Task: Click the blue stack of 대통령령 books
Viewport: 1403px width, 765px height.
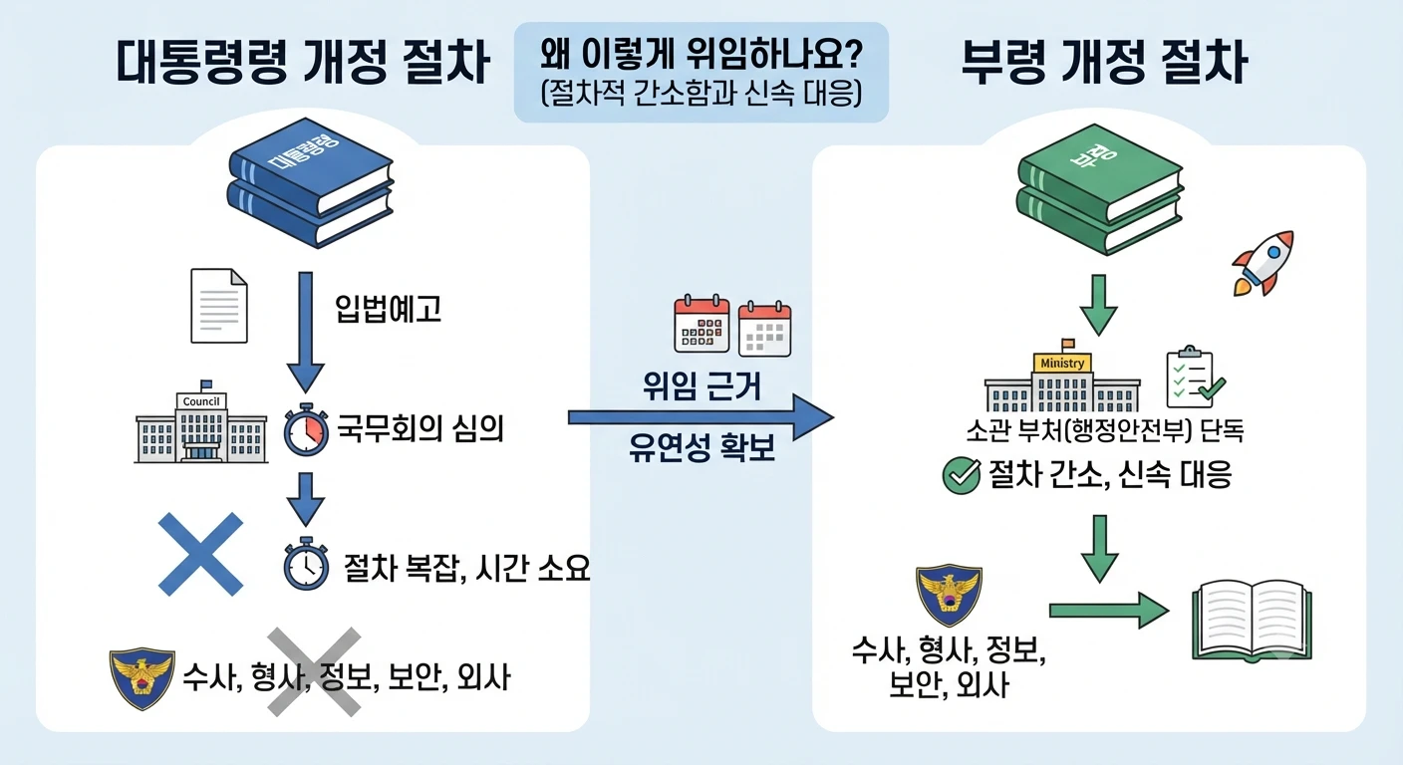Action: (x=311, y=183)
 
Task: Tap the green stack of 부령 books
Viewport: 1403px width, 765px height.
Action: (x=1100, y=189)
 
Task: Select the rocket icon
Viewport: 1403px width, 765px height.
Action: (x=1263, y=263)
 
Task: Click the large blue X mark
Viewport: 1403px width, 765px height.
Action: (x=200, y=554)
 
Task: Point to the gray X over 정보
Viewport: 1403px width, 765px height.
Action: (x=314, y=671)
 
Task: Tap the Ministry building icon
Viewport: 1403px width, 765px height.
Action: (x=1062, y=376)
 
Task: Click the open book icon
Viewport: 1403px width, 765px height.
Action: (x=1252, y=621)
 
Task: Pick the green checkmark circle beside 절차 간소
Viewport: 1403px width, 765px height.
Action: (x=962, y=475)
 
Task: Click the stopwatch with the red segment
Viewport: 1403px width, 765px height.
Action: (x=306, y=429)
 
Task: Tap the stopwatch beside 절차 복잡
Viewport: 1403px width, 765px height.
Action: (x=306, y=564)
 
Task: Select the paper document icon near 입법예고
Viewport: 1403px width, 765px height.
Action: (x=219, y=306)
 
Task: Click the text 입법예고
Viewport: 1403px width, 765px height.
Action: (x=389, y=309)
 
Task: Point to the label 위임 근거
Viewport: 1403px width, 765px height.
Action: (x=702, y=385)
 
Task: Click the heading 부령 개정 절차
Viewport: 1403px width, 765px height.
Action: (x=1104, y=62)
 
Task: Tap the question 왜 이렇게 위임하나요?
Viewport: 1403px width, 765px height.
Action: (x=701, y=54)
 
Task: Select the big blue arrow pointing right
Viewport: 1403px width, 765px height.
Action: (x=701, y=417)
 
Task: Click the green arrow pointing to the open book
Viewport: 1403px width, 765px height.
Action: (x=1109, y=611)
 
